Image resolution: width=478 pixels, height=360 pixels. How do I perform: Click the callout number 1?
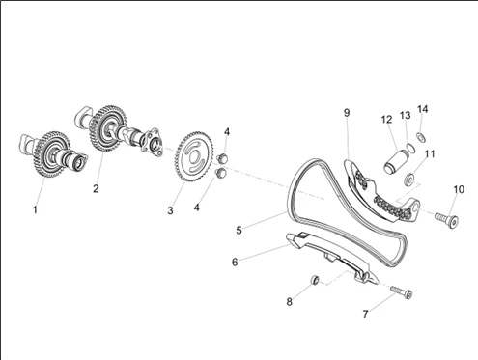tap(35, 210)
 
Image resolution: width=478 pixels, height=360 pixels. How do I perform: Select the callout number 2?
tap(96, 188)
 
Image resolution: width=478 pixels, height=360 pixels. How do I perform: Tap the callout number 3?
tap(170, 210)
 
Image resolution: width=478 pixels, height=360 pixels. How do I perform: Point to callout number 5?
tap(239, 231)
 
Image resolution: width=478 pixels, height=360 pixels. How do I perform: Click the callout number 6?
tap(235, 263)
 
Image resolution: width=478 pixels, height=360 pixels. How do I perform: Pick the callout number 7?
tap(365, 314)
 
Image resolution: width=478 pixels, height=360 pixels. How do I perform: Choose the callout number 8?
tap(290, 302)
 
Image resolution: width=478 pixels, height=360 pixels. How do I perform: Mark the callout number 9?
tap(347, 113)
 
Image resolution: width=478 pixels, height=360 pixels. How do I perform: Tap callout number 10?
tap(459, 189)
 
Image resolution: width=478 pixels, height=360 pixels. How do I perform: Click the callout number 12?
tap(386, 120)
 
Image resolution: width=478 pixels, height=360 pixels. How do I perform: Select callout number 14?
tap(423, 109)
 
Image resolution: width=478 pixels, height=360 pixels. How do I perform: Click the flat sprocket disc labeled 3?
tap(193, 157)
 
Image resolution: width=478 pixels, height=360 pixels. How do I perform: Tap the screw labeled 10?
tap(447, 220)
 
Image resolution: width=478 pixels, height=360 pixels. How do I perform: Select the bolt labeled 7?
tap(402, 292)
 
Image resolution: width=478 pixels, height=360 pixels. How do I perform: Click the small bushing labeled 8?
tap(315, 280)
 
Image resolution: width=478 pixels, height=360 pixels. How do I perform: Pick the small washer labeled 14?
tap(421, 137)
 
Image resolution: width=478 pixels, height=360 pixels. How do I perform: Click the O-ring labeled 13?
tap(410, 148)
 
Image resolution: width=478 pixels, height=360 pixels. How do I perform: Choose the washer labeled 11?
tap(409, 179)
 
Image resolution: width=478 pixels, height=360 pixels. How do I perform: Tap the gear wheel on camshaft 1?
tap(51, 155)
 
